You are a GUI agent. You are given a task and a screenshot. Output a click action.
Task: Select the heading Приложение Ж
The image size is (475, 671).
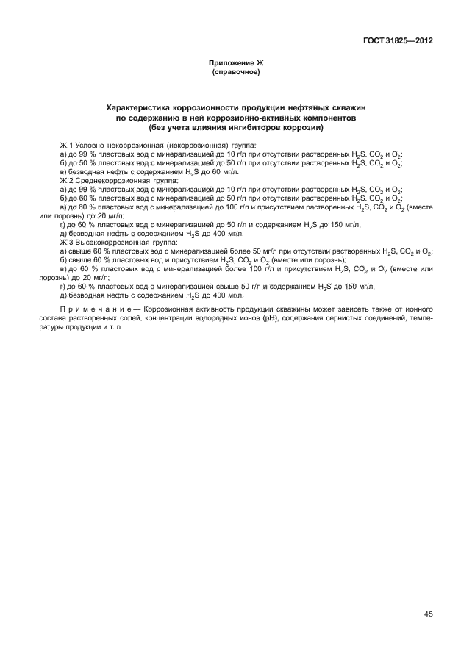coord(237,65)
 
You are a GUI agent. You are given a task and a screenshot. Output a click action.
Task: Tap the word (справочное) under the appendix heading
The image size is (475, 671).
coord(237,73)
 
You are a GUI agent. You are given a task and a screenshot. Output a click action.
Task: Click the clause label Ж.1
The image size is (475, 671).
coord(67,146)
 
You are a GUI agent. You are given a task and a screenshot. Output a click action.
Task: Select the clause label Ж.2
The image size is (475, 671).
coord(67,180)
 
